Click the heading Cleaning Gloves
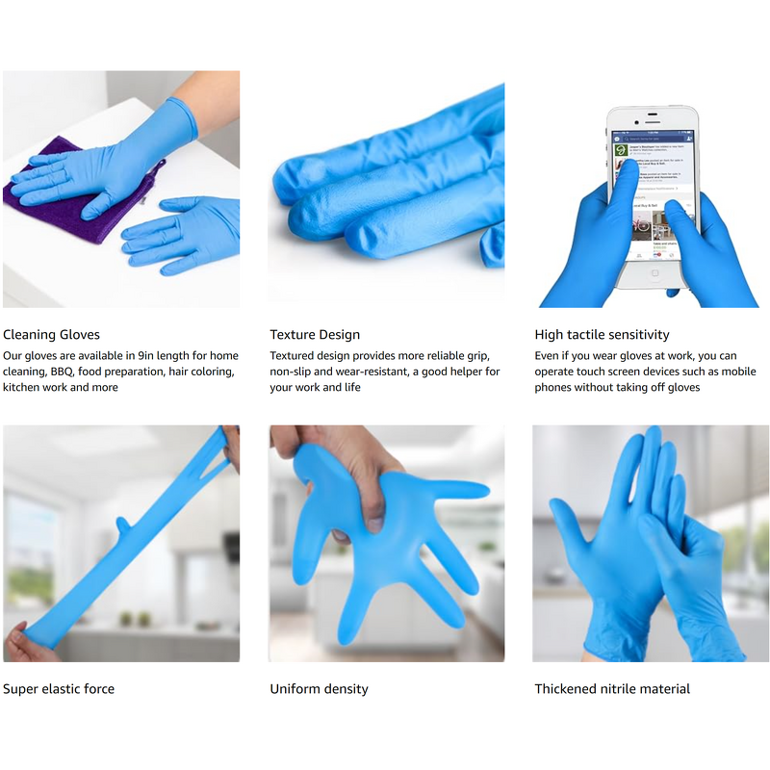[51, 335]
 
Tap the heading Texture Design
[315, 335]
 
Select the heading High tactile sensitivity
[602, 335]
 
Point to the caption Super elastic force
[59, 689]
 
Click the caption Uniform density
[319, 689]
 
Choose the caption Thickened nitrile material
[612, 689]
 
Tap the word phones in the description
[554, 388]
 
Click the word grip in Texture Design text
[480, 355]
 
